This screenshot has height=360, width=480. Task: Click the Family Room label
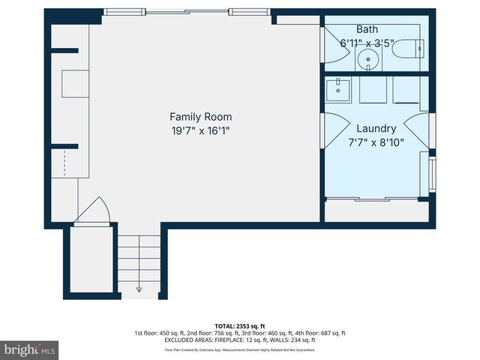[200, 117]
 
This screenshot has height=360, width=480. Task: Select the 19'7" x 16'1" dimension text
[200, 130]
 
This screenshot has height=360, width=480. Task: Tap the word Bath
[367, 29]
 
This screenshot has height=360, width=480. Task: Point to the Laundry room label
[376, 129]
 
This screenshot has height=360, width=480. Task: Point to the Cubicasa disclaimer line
[240, 349]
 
